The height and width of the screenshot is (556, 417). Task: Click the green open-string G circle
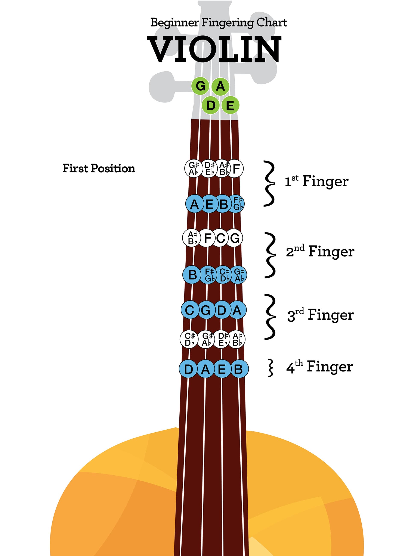point(200,86)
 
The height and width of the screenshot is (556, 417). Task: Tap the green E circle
point(230,105)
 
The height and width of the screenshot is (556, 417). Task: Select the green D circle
point(211,105)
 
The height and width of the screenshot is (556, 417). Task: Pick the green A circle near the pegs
point(220,86)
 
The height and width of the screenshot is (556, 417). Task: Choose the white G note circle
point(235,238)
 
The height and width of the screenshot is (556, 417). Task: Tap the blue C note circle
point(190,310)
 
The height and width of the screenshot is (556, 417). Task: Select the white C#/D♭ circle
point(189,339)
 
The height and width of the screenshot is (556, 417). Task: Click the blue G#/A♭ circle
point(238,275)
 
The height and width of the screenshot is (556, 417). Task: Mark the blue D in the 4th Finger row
point(189,369)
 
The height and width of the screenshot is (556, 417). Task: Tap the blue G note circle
point(206,310)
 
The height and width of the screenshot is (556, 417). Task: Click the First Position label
point(99,168)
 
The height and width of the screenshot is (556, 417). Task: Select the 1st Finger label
point(316,181)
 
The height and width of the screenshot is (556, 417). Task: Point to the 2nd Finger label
point(320,251)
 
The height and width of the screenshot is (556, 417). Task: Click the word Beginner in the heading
point(174,23)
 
